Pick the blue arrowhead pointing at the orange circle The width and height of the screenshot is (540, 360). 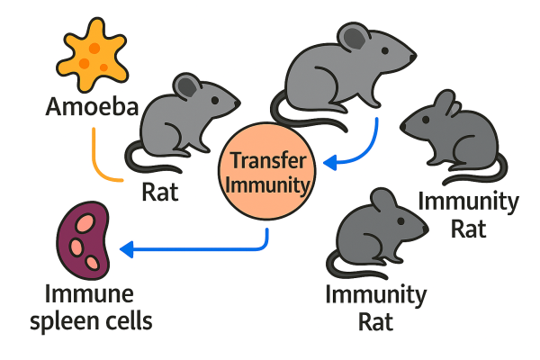pyautogui.click(x=331, y=163)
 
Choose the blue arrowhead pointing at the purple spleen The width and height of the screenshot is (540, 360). pyautogui.click(x=128, y=247)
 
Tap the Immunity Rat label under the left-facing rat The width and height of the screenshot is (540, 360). pyautogui.click(x=468, y=214)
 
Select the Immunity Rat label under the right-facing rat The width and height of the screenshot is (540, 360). pyautogui.click(x=376, y=306)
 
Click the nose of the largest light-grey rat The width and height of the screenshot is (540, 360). pyautogui.click(x=413, y=58)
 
